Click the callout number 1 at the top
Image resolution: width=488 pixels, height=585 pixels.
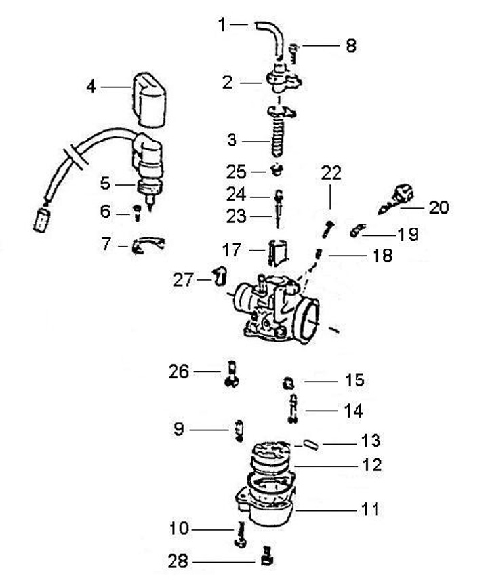point(222,25)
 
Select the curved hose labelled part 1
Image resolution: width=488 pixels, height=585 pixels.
point(270,40)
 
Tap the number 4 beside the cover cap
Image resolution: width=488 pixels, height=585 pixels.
point(91,87)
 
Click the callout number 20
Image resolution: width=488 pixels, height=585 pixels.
point(439,207)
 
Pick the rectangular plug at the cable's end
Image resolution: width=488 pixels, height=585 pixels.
point(42,220)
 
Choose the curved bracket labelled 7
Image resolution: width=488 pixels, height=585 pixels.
point(148,245)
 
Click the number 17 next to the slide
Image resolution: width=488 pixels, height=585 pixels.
point(232,250)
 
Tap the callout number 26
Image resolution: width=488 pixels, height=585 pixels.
point(179,371)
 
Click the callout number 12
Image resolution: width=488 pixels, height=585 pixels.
point(371,465)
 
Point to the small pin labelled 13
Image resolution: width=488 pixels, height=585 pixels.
point(310,445)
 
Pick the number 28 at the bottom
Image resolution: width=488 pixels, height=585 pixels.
point(178,561)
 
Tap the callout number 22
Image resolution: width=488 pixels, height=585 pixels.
point(331,173)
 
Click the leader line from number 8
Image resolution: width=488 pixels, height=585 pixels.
point(321,46)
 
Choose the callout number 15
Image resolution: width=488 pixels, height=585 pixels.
point(354,380)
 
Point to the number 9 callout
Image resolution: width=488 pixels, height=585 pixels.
point(179,429)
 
